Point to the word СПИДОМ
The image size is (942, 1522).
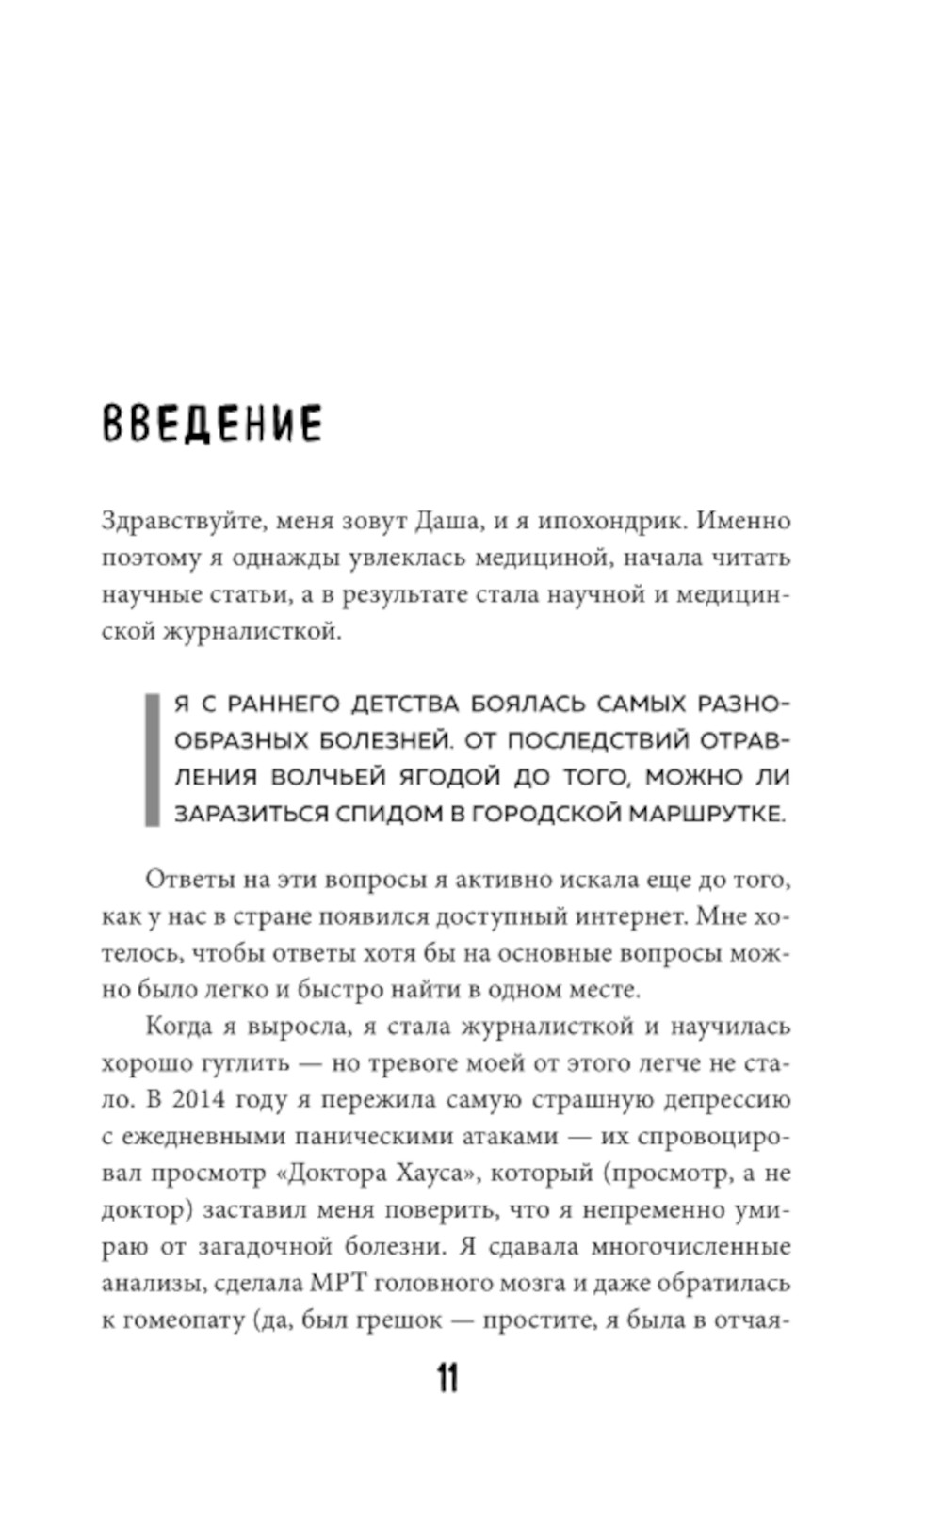(x=383, y=815)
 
